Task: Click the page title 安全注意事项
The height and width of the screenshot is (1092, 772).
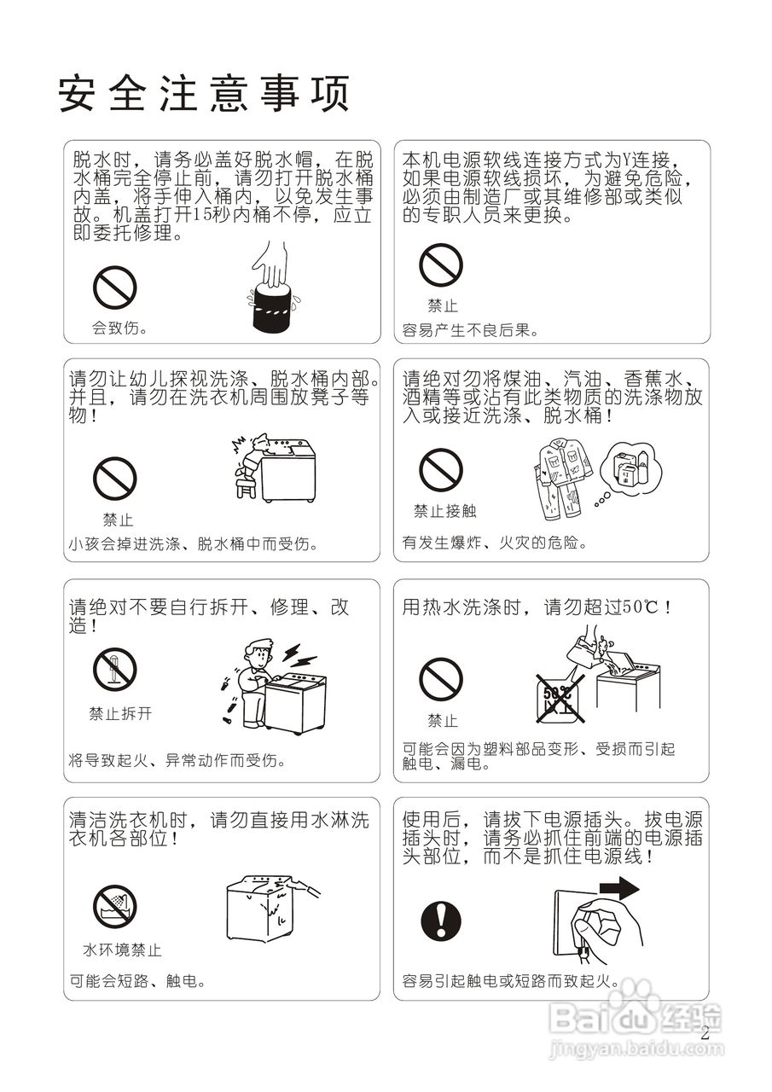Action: coord(205,93)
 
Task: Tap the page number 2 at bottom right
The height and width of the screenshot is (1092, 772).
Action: coord(705,1033)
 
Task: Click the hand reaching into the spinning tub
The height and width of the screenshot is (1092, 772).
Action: coord(272,265)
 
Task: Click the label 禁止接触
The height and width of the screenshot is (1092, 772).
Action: coord(444,511)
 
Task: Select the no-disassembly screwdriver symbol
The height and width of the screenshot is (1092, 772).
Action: coord(114,670)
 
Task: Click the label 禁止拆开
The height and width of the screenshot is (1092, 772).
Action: coord(120,714)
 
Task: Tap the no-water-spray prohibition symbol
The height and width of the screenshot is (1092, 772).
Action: coord(114,907)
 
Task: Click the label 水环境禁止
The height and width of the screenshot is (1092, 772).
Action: coord(121,950)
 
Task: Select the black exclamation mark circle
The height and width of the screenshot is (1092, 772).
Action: coord(441,921)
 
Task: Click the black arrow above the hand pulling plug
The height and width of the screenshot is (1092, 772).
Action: coord(618,890)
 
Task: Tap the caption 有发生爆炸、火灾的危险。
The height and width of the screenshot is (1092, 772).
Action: coord(494,542)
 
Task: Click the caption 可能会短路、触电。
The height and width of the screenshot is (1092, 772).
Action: coord(137,981)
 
